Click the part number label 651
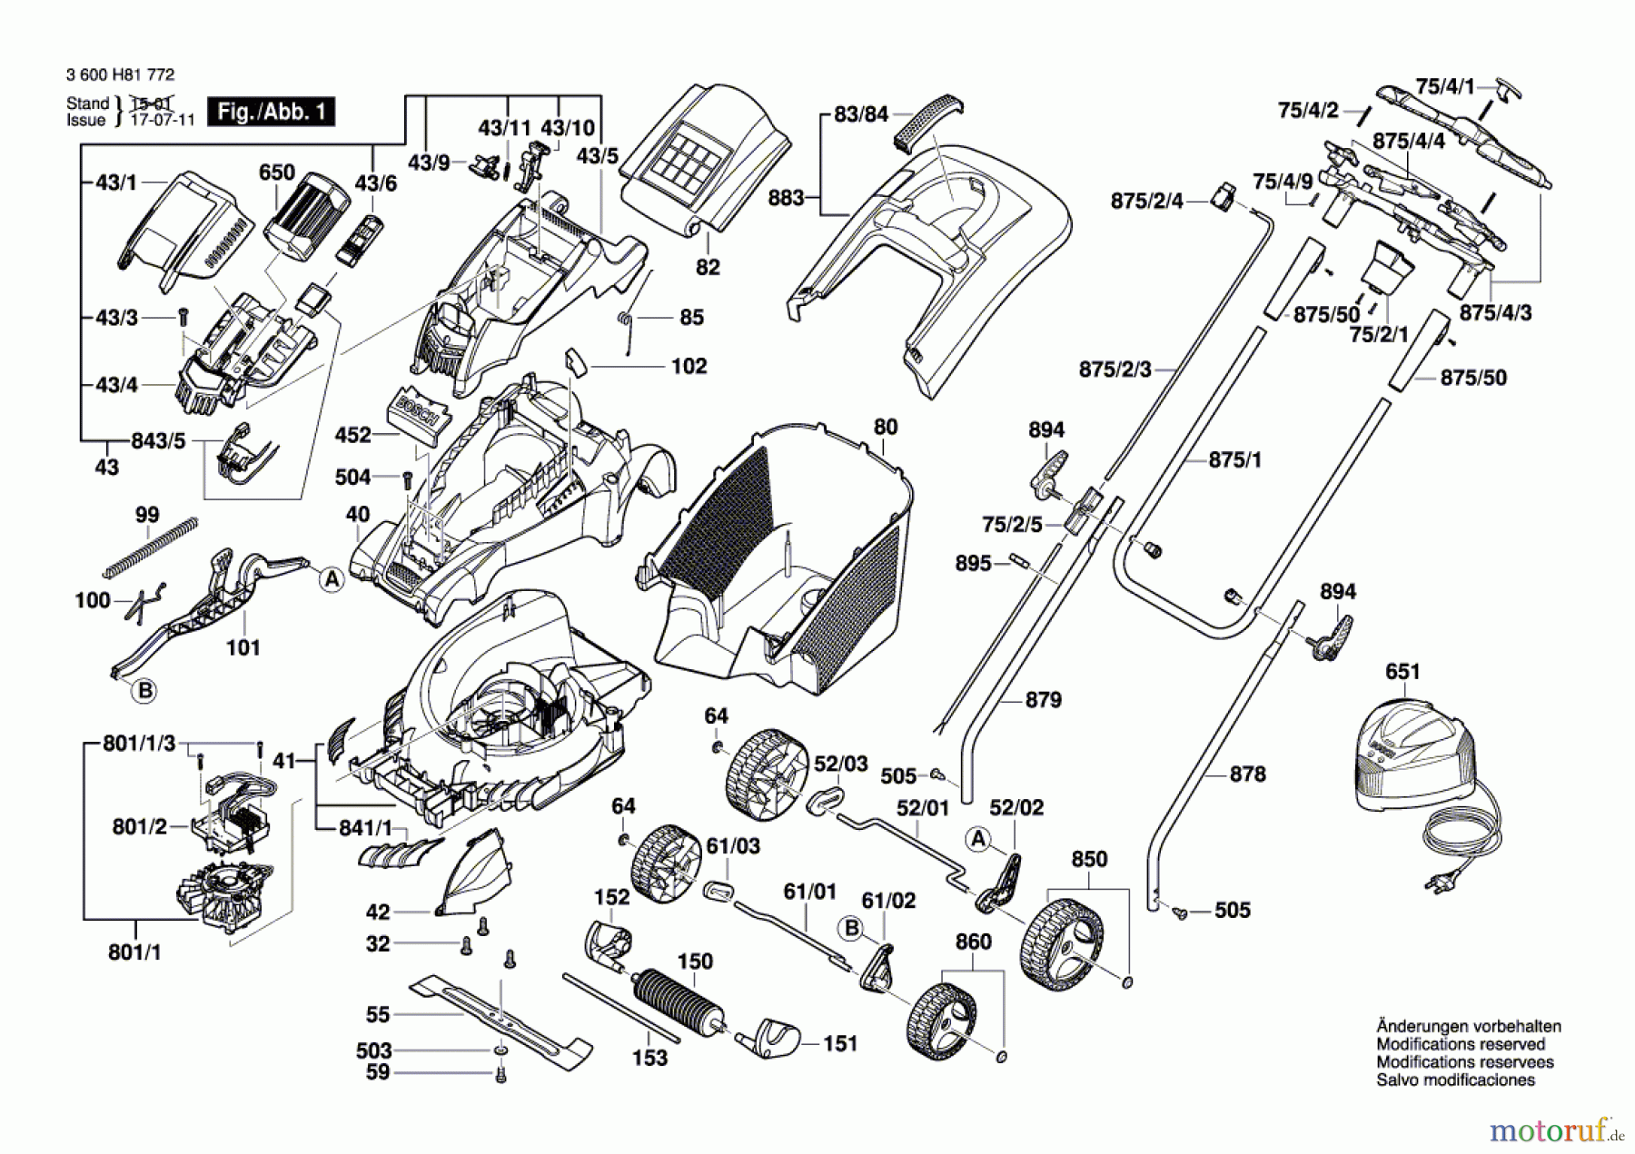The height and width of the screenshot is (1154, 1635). click(x=1402, y=671)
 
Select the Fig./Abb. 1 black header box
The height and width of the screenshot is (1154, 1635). click(x=271, y=112)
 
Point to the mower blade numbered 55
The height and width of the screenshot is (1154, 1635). click(x=500, y=1017)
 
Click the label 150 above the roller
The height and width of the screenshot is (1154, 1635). click(x=695, y=961)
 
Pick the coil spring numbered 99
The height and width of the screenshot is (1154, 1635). click(x=151, y=547)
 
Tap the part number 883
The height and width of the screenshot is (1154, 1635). click(x=786, y=197)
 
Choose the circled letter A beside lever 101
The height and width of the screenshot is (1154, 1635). click(x=332, y=579)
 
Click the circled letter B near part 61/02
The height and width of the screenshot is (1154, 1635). click(x=852, y=928)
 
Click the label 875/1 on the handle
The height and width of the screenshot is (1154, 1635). click(x=1234, y=459)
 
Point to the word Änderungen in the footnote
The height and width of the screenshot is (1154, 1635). click(x=1420, y=1026)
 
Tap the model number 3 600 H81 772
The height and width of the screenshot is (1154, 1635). click(x=120, y=74)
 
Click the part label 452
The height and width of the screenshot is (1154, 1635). click(x=352, y=435)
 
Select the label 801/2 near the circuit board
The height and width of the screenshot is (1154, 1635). click(x=140, y=826)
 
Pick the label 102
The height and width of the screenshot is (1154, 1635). click(x=689, y=366)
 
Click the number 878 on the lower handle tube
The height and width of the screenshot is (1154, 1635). click(x=1247, y=774)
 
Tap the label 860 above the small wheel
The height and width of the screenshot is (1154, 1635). click(x=973, y=942)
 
